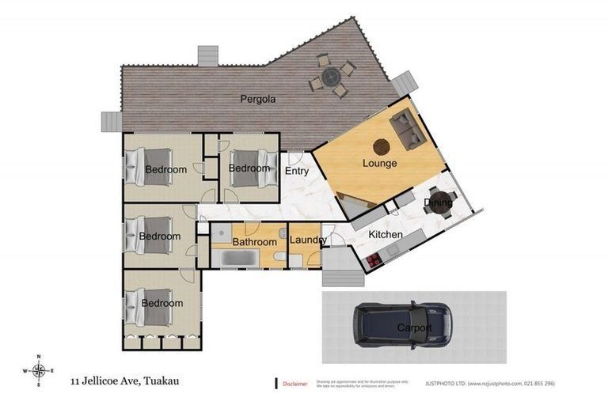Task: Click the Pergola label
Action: (258, 100)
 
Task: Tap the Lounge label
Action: (380, 164)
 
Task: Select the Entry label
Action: (297, 171)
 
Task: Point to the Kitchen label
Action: (386, 235)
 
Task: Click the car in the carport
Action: (402, 325)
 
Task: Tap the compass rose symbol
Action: (38, 370)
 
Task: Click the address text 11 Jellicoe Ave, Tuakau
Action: (123, 380)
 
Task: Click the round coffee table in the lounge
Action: (381, 146)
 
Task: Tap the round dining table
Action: (438, 201)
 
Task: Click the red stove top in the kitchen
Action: (371, 258)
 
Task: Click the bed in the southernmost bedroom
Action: (144, 303)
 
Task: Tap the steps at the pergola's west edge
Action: (112, 121)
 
